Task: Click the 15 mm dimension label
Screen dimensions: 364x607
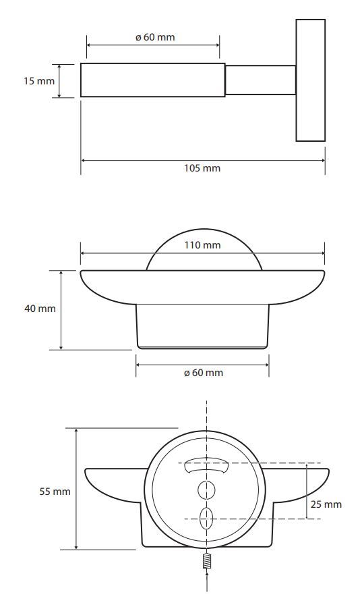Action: coord(39,81)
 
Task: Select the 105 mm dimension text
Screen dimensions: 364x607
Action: coord(202,168)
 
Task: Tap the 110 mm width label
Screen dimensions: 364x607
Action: coord(202,245)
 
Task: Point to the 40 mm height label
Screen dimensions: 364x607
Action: coord(40,309)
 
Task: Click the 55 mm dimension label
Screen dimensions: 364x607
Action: coord(55,492)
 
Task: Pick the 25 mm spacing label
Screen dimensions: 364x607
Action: coord(326,504)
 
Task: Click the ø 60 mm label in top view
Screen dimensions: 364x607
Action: coord(155,37)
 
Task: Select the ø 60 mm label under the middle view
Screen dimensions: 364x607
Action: coord(204,373)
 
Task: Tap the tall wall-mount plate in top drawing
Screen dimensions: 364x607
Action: coord(311,80)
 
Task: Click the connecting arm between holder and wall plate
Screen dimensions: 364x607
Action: coord(260,80)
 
